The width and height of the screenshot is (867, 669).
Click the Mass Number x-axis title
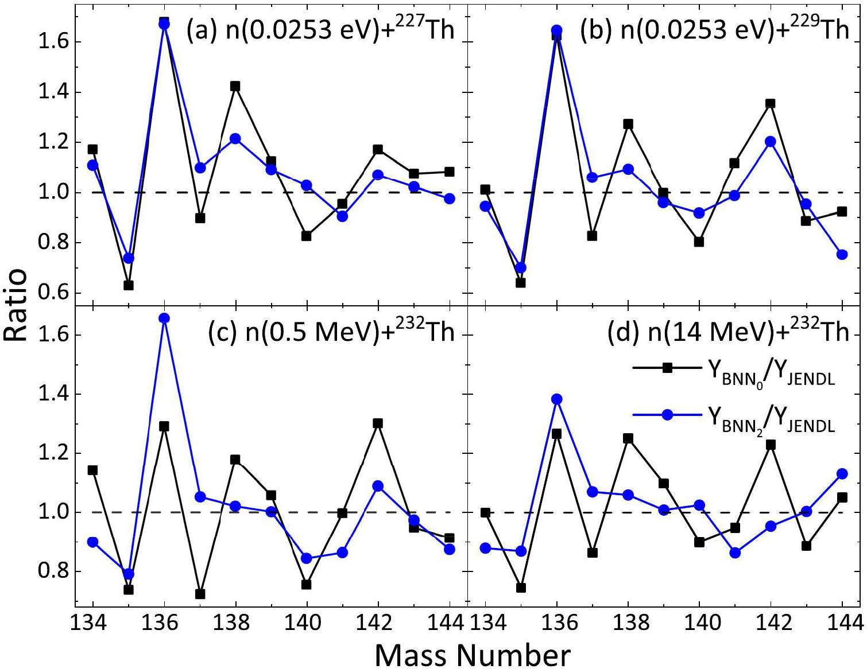pos(473,655)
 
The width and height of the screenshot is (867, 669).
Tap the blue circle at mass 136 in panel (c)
pos(164,318)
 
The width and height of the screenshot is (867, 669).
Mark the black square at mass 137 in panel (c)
pos(200,594)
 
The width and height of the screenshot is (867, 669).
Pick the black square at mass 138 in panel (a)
pos(235,86)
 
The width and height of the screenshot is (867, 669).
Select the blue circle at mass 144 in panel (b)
pos(842,254)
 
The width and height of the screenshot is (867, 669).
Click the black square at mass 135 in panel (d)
pos(521,588)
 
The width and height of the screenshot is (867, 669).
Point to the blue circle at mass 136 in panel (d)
pos(556,399)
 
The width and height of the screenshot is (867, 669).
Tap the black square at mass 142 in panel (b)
pos(771,104)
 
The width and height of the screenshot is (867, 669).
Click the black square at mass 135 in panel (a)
pos(129,285)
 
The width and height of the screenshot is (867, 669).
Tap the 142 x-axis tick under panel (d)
pos(771,622)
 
